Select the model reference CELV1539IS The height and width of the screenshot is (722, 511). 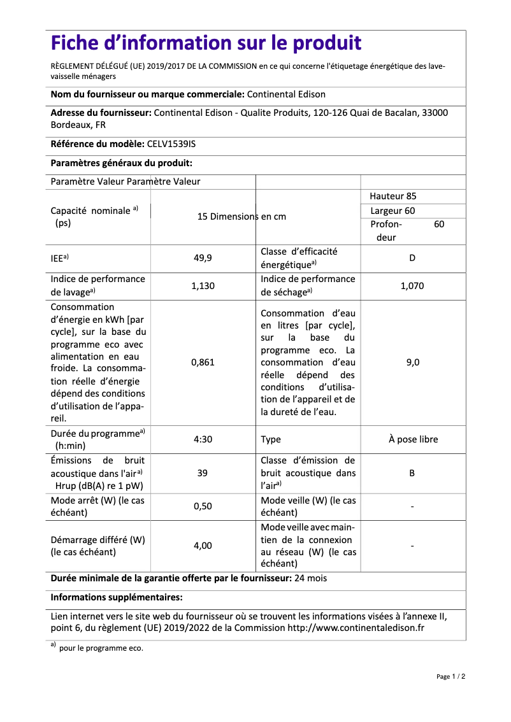coord(171,145)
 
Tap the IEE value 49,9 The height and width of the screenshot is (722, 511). coord(203,258)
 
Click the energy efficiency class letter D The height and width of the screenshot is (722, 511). coord(412,258)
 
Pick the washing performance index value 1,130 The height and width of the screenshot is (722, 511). coord(203,286)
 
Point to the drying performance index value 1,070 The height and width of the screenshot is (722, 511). coord(412,286)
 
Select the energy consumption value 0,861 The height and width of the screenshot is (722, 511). coord(203,362)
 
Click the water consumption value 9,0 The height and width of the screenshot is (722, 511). coord(412,362)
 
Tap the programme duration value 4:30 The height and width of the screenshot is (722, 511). coord(203,439)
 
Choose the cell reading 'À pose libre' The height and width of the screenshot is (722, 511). coord(413,439)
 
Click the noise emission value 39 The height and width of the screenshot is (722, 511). coord(203,473)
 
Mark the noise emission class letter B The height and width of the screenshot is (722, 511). coord(412,473)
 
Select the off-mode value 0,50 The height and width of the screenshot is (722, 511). coord(203,506)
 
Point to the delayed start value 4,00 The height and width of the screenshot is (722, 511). coord(203,546)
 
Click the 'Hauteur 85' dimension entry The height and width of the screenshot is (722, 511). coord(393,196)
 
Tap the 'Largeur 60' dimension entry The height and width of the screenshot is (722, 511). coord(392,211)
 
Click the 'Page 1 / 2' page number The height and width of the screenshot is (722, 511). coord(450,676)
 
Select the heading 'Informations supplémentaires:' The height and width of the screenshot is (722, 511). coord(117,597)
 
